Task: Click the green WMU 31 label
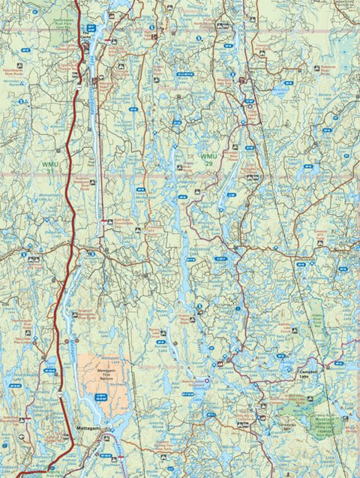49,167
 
